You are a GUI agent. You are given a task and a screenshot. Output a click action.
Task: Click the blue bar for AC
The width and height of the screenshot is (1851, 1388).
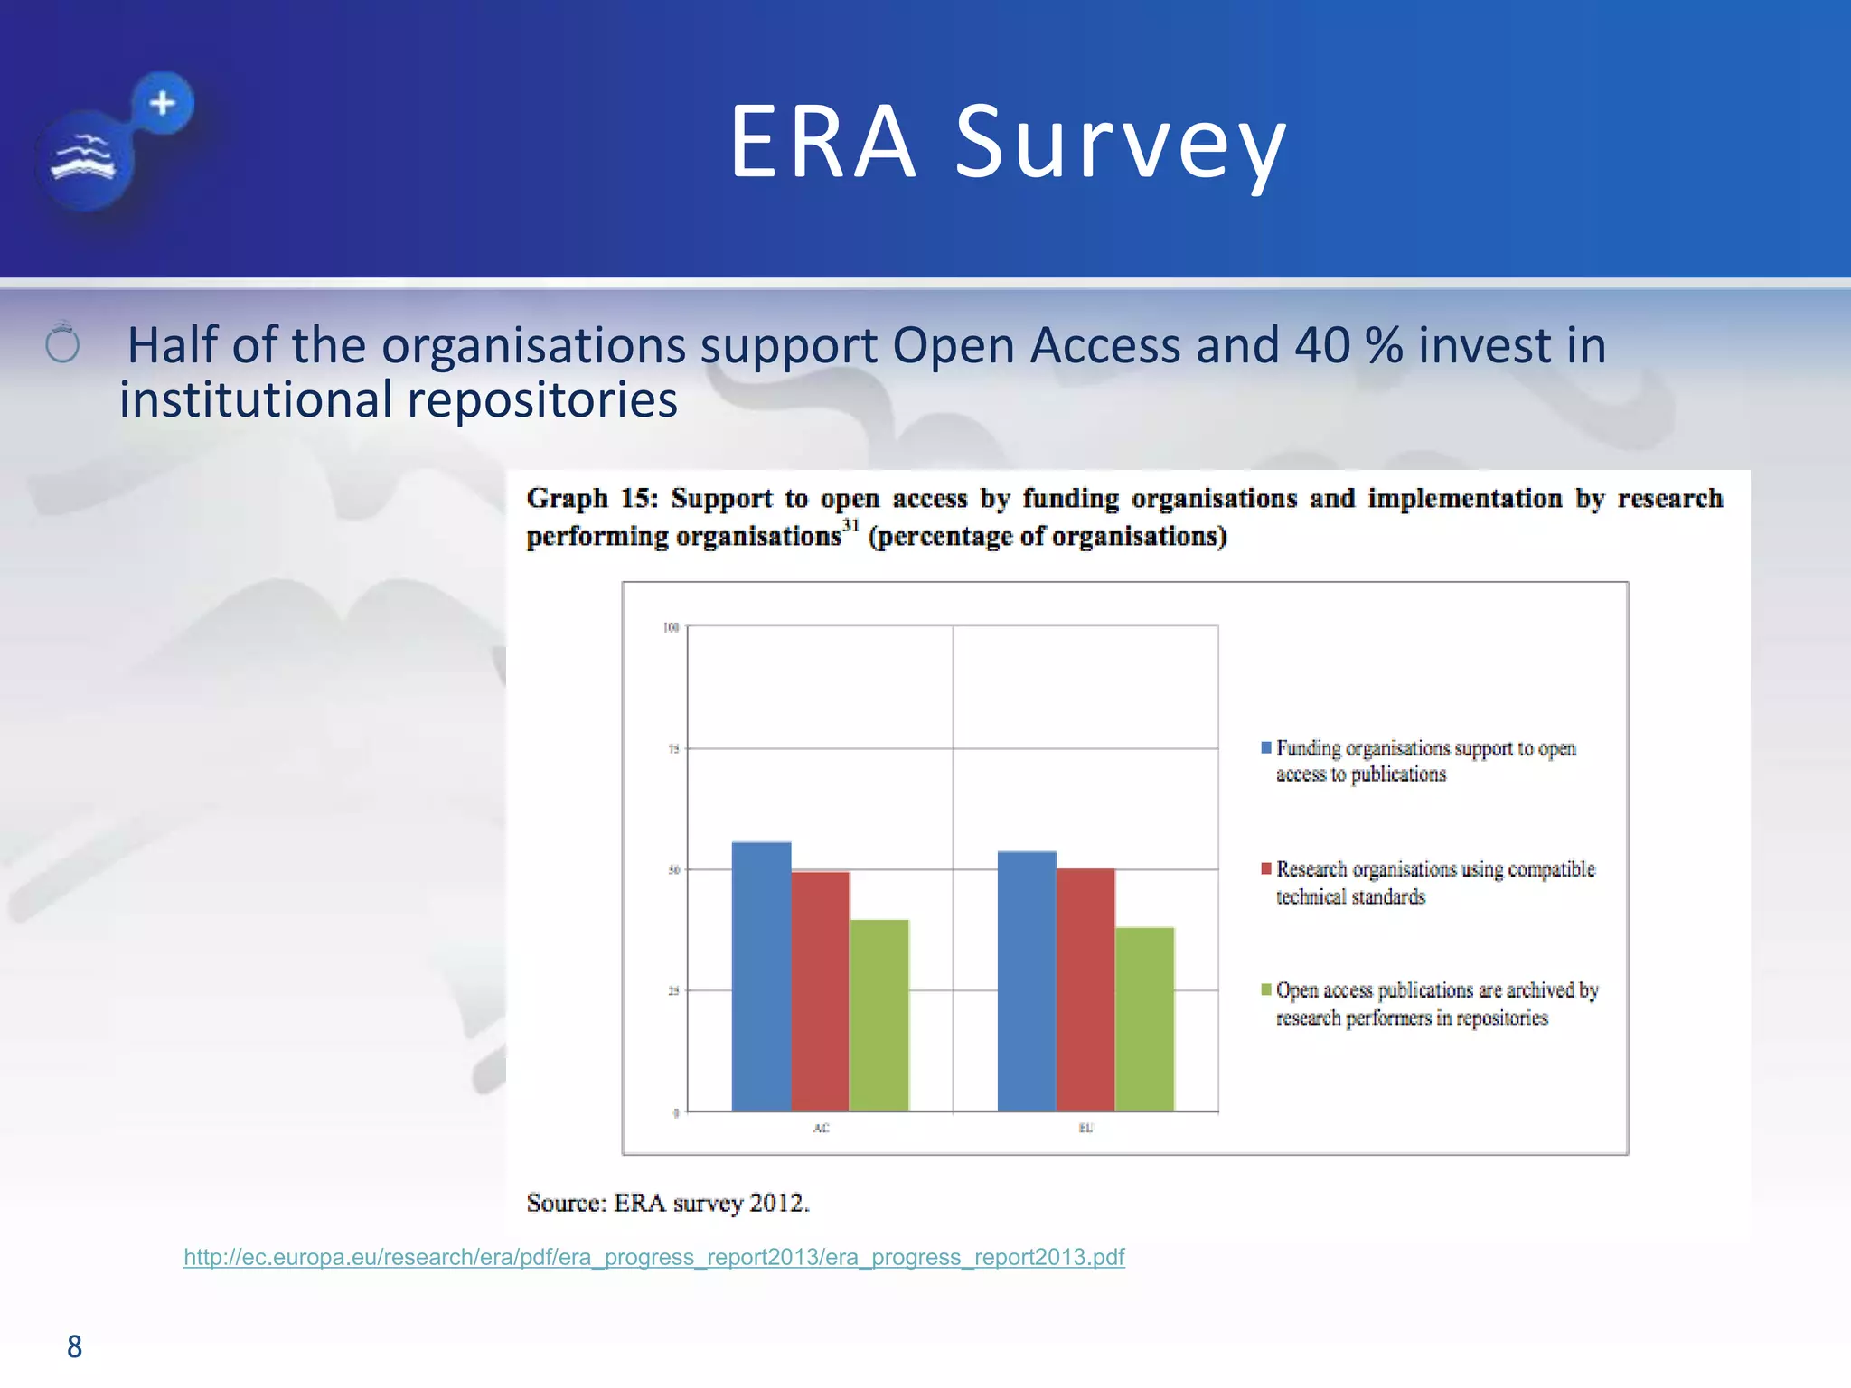[761, 976]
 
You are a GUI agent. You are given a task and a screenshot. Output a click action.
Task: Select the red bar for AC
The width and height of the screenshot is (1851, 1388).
[821, 990]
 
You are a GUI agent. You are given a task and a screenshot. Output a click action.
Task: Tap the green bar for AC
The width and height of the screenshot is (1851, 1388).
[879, 1015]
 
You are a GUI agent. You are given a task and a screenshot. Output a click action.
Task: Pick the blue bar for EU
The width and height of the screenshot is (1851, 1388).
[1027, 980]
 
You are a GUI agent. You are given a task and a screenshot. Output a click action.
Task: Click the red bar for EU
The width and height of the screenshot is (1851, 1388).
[1085, 989]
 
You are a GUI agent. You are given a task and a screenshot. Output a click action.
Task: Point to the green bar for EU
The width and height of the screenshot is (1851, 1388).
[1144, 1018]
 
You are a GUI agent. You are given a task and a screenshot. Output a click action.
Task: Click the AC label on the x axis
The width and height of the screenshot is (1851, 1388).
[821, 1128]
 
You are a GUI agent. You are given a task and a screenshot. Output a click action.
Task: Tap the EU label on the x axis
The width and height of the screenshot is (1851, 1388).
[1085, 1128]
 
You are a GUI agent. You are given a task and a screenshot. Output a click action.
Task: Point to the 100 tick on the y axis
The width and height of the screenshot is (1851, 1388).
[671, 627]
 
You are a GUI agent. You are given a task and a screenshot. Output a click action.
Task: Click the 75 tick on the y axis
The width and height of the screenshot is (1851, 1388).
[673, 748]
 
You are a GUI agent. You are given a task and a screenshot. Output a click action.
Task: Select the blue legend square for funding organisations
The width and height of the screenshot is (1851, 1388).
[1266, 747]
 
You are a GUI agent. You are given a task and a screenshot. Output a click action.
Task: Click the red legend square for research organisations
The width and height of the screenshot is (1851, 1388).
[1266, 868]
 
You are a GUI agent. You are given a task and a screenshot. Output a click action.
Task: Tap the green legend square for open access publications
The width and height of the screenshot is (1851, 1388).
[1266, 989]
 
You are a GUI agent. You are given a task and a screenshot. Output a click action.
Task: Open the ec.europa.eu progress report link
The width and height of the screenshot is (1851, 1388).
[653, 1257]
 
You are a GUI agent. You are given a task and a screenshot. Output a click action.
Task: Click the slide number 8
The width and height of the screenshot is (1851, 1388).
[74, 1346]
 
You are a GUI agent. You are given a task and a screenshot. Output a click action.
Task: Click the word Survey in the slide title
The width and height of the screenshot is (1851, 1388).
[1121, 143]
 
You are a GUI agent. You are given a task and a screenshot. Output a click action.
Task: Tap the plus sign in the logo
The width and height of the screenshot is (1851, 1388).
[163, 103]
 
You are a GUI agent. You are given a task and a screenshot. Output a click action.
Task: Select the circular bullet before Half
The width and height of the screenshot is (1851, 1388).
[62, 344]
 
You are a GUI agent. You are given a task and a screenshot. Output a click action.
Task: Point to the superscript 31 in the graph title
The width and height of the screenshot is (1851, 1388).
[850, 525]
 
